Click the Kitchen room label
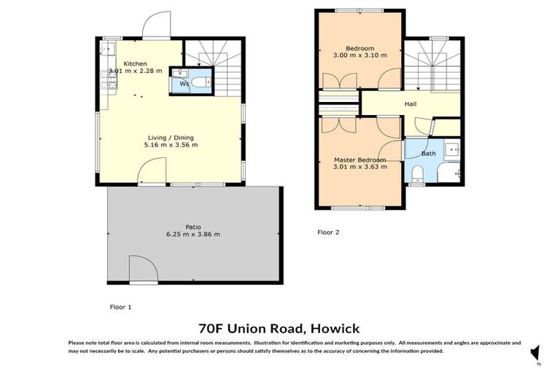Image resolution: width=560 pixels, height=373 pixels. (135, 63)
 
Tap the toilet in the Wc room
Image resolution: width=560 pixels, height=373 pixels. (204, 82)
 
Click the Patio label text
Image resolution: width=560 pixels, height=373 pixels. (193, 227)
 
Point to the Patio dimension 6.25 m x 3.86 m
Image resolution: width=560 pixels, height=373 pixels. (193, 235)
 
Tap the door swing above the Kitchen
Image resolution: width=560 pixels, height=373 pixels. (155, 27)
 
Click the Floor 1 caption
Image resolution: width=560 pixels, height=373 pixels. (120, 307)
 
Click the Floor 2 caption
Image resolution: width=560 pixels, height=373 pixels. (328, 233)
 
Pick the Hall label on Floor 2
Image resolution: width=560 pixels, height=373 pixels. (411, 104)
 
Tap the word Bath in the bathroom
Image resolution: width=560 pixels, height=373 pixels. (428, 153)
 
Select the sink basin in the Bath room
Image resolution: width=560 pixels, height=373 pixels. (453, 152)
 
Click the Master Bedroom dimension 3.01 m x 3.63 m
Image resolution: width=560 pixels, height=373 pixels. (359, 167)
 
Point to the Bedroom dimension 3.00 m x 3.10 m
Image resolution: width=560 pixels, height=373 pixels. (359, 55)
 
